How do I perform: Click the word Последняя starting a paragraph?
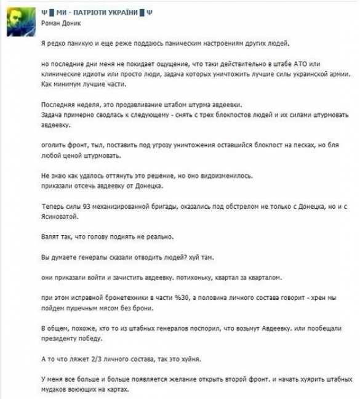[x=60, y=107]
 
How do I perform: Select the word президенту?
[x=61, y=339]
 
